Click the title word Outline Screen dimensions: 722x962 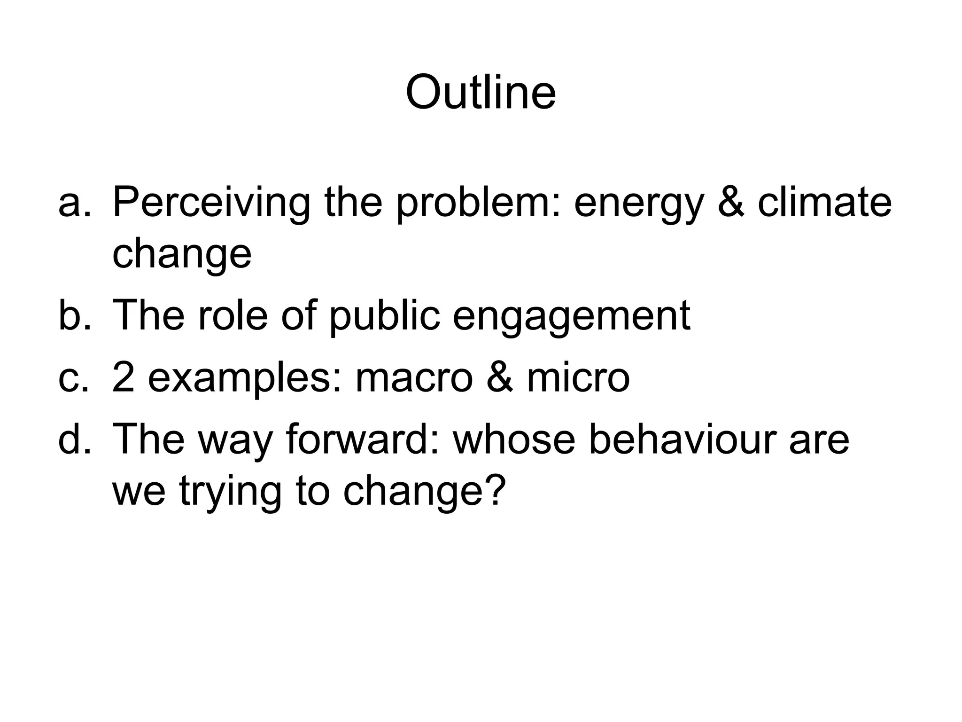click(481, 92)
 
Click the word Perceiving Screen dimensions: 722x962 click(211, 203)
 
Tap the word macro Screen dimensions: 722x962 click(414, 379)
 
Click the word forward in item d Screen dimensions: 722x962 click(362, 439)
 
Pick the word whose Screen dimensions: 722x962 click(514, 440)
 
